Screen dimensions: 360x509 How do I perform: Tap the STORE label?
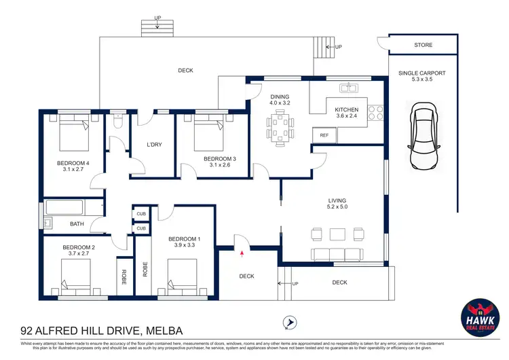tap(424, 46)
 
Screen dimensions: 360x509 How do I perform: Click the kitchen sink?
tap(350, 87)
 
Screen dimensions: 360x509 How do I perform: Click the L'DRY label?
tap(154, 145)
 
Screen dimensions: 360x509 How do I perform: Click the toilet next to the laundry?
tap(118, 123)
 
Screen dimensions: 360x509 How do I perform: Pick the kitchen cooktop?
tap(375, 111)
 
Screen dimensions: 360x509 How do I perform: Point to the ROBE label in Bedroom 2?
tap(124, 276)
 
